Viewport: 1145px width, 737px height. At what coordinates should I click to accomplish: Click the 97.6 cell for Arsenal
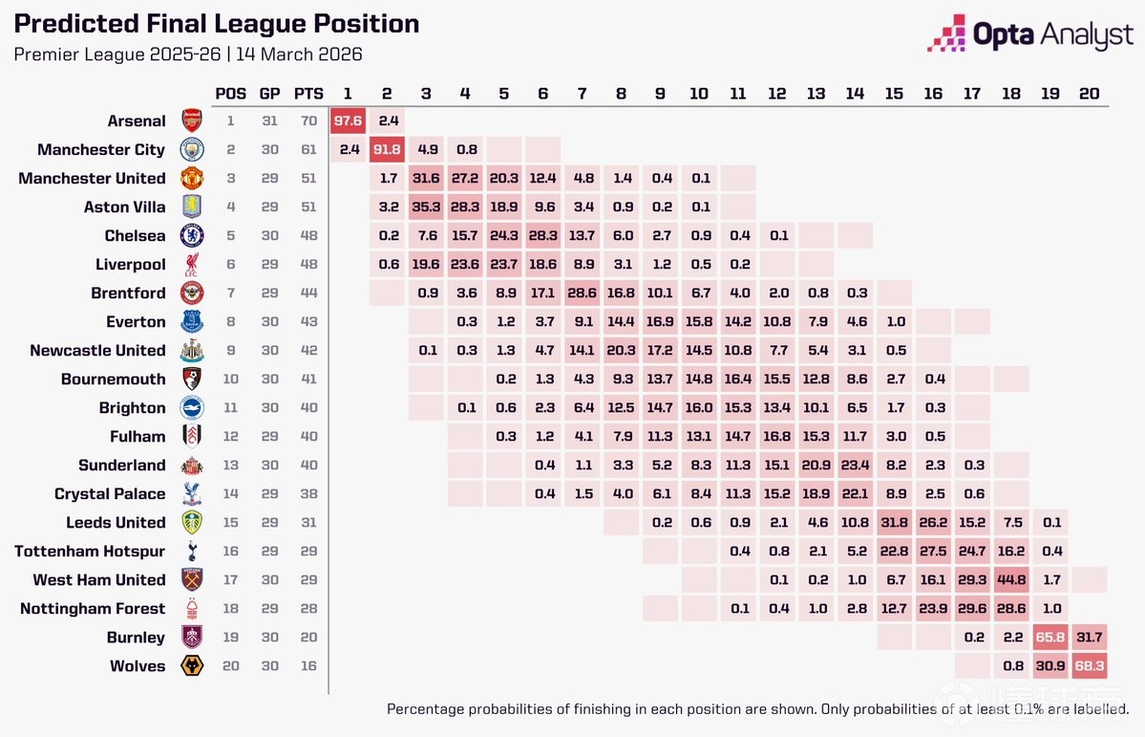click(x=348, y=121)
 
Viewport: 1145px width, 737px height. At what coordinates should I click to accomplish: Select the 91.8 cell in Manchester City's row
click(x=387, y=150)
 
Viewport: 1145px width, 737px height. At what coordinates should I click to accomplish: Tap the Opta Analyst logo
click(x=1030, y=35)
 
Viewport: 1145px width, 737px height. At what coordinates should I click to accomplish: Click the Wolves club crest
click(x=193, y=666)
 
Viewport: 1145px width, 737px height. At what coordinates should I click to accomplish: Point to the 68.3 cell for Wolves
click(x=1089, y=666)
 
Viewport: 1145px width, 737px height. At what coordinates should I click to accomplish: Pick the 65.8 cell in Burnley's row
click(x=1050, y=638)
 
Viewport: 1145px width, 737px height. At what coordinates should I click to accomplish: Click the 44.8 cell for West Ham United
click(x=1011, y=580)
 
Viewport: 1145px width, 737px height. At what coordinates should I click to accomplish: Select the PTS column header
click(x=308, y=94)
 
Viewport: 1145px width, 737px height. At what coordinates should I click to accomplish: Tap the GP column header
click(x=270, y=94)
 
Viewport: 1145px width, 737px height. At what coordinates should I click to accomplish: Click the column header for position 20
click(x=1089, y=94)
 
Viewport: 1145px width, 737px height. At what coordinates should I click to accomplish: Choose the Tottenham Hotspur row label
click(x=90, y=552)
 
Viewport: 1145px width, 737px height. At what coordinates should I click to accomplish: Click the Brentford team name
click(x=128, y=293)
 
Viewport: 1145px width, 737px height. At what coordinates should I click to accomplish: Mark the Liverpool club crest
click(x=193, y=265)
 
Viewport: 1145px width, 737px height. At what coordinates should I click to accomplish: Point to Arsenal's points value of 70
click(x=307, y=121)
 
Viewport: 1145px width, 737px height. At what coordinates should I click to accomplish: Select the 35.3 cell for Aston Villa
click(x=426, y=207)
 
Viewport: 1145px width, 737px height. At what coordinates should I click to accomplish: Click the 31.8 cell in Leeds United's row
click(x=894, y=523)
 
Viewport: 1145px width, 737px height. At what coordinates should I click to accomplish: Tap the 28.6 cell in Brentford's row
click(x=582, y=293)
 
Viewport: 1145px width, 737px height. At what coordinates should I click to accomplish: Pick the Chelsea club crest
click(x=193, y=236)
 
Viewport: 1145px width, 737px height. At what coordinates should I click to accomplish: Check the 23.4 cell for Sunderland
click(x=855, y=466)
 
